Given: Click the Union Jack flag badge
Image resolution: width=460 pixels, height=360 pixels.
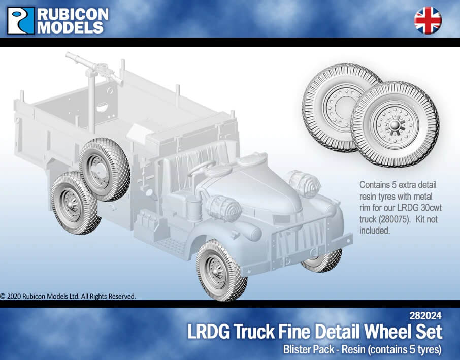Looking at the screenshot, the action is [428, 20].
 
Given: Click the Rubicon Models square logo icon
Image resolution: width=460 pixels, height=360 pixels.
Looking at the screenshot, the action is [21, 20].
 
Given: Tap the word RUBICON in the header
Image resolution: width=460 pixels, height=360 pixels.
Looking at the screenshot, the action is [73, 14].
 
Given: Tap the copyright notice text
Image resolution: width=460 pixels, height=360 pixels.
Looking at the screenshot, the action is [68, 297].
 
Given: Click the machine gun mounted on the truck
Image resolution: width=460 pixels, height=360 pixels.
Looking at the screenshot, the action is [94, 68].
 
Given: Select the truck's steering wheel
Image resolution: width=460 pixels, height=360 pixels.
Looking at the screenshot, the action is [202, 168].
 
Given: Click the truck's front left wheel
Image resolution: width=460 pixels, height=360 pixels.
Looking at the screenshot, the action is [221, 271].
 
